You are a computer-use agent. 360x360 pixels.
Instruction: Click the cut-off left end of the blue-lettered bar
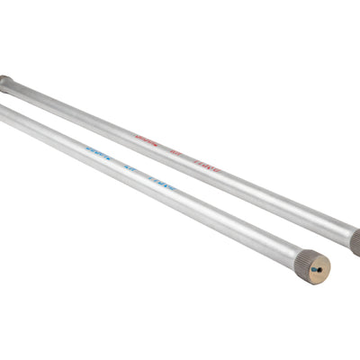click(x=3, y=110)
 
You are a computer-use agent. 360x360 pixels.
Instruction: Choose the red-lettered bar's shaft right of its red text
click(x=279, y=199)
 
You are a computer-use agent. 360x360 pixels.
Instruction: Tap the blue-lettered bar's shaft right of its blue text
click(x=234, y=217)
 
